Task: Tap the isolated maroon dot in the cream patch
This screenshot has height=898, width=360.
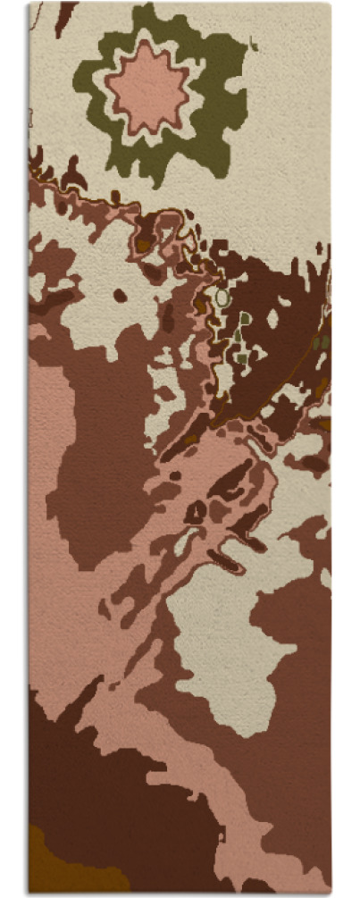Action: pos(119,296)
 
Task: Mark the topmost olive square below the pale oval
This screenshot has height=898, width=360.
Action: pos(245,318)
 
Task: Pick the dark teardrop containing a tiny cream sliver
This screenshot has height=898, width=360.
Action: pos(194,512)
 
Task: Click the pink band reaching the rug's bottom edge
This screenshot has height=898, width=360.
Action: pos(268,871)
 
